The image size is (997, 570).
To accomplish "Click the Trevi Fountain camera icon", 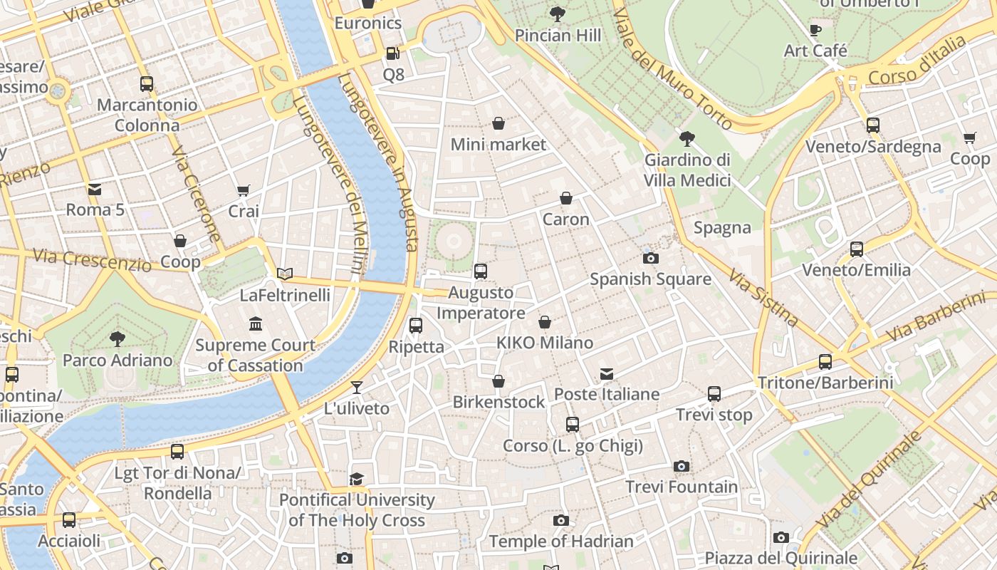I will pyautogui.click(x=682, y=467).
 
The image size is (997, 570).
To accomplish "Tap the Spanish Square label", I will pyautogui.click(x=650, y=279).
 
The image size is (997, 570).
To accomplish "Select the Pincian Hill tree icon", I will pyautogui.click(x=558, y=14).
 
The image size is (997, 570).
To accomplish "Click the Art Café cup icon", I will pyautogui.click(x=815, y=30).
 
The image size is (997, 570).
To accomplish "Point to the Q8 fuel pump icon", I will pyautogui.click(x=392, y=53).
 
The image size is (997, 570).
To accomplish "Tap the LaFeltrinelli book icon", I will pyautogui.click(x=285, y=274).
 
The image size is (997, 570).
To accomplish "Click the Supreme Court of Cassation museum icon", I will pyautogui.click(x=256, y=325).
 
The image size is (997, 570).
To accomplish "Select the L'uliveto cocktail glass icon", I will pyautogui.click(x=357, y=388).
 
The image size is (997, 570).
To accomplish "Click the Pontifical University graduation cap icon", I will pyautogui.click(x=357, y=479).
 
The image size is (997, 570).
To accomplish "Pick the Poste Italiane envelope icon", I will pyautogui.click(x=607, y=373).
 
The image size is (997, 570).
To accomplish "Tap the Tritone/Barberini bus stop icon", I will pyautogui.click(x=825, y=362).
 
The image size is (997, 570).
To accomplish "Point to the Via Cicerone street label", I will pyautogui.click(x=195, y=194).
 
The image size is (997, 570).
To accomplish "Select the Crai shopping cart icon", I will pyautogui.click(x=244, y=190).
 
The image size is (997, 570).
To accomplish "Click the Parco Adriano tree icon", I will pyautogui.click(x=118, y=339).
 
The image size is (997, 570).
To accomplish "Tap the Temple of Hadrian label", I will pyautogui.click(x=561, y=541).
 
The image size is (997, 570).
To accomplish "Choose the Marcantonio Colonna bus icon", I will pyautogui.click(x=147, y=84).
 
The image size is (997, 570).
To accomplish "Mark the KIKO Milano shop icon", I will pyautogui.click(x=545, y=322).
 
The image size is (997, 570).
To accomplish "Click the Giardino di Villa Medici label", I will pyautogui.click(x=687, y=170).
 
